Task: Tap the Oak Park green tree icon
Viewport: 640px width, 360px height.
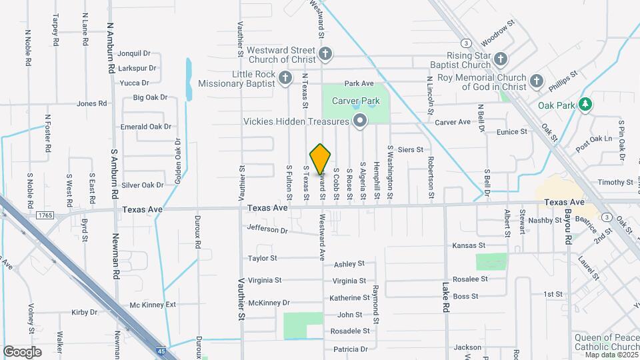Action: [585, 105]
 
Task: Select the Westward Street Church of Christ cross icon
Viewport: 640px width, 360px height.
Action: [325, 54]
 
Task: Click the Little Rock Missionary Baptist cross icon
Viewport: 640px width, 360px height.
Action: [285, 78]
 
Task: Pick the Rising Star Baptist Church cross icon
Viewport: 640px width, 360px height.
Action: [501, 61]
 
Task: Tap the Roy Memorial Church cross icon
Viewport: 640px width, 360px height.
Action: [537, 82]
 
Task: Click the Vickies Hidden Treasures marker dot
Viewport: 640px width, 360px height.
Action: [361, 121]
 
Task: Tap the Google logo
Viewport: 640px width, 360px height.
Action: [23, 351]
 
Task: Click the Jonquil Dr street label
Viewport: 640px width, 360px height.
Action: [134, 53]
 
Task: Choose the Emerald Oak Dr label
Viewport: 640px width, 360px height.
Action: [146, 127]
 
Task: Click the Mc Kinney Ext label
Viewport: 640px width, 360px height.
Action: [153, 305]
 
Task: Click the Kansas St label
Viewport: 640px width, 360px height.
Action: [468, 246]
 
